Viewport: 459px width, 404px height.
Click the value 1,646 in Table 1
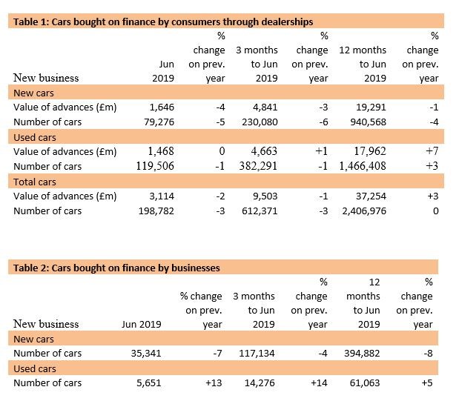(162, 107)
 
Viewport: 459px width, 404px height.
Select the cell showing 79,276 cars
(159, 122)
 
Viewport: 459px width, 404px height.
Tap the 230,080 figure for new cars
(260, 122)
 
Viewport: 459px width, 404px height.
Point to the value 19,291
(371, 107)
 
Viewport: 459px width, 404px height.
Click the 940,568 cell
(369, 122)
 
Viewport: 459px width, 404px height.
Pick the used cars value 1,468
(161, 151)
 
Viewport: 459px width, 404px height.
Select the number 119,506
(155, 166)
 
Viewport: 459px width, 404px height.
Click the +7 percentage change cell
(432, 151)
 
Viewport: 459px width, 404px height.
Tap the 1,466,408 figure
(363, 166)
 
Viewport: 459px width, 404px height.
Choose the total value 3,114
(162, 196)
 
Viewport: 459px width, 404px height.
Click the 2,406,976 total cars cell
(364, 211)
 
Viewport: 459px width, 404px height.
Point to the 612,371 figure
(260, 211)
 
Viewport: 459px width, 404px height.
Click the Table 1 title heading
(163, 22)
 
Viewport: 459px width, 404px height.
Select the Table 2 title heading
(116, 268)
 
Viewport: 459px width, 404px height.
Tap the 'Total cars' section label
(35, 182)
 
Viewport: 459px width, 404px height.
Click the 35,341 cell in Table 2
(146, 354)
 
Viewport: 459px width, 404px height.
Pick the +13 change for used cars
(214, 383)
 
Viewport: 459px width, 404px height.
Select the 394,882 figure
(362, 354)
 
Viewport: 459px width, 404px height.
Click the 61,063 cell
(365, 383)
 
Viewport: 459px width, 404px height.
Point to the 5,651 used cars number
(149, 383)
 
